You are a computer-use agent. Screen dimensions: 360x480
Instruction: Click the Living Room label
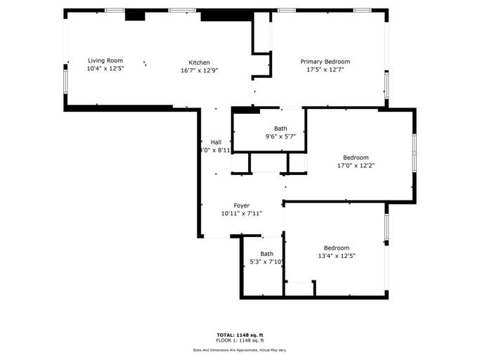105,60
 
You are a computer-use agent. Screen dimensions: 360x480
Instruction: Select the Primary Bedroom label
325,62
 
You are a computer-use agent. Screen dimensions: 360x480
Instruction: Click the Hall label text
216,142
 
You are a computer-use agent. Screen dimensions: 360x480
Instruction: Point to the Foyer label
242,205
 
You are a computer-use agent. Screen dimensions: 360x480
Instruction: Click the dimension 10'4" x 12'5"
105,69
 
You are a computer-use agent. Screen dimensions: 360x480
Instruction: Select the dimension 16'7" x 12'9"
199,70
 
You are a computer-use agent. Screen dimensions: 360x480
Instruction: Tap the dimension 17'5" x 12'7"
325,70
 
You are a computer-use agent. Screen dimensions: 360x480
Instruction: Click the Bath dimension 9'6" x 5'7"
280,136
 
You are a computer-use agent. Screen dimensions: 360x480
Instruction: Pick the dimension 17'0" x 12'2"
356,166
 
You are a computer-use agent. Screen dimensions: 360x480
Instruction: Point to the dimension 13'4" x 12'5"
337,256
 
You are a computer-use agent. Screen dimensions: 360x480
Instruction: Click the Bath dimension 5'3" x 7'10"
267,262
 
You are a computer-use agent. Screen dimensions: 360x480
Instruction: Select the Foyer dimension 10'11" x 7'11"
242,213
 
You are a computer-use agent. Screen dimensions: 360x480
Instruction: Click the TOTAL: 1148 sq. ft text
240,335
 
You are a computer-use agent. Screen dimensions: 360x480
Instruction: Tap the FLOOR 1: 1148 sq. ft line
240,340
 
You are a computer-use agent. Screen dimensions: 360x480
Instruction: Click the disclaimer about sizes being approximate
240,349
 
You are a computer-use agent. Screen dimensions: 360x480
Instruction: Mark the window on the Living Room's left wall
65,81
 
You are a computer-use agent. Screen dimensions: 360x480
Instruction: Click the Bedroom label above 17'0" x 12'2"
356,157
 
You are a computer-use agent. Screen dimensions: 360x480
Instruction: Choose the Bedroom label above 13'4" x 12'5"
337,247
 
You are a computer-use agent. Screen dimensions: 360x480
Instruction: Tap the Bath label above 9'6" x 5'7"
280,128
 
